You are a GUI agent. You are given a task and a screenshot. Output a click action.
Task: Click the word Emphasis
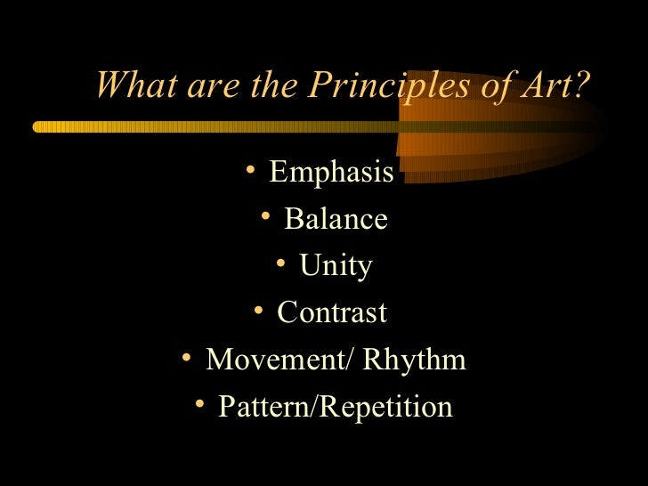tap(330, 172)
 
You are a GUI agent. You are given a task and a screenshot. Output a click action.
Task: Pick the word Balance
tap(336, 219)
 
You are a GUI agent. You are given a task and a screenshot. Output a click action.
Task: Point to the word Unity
tap(336, 266)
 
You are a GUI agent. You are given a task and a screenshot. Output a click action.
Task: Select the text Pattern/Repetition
tap(336, 408)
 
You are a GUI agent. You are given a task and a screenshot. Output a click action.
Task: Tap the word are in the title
tap(202, 85)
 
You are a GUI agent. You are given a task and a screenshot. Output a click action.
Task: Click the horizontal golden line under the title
tap(267, 127)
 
